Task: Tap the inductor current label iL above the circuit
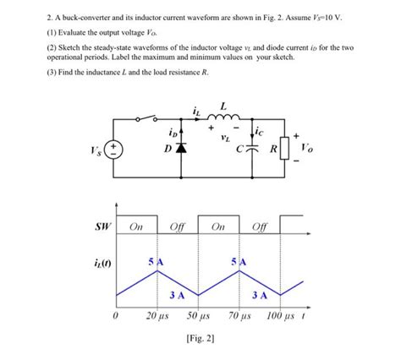coord(196,107)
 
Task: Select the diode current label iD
coord(173,133)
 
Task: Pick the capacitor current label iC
coord(264,133)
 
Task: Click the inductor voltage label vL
coord(224,135)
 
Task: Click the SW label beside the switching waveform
coord(101,227)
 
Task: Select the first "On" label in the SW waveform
coord(135,227)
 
